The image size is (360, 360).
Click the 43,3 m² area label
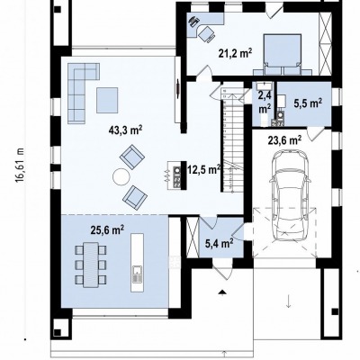click(x=126, y=131)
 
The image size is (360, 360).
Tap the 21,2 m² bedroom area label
click(x=235, y=54)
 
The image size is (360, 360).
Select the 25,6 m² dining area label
click(x=107, y=230)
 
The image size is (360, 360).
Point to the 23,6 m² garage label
click(x=284, y=140)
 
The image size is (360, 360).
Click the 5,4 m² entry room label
click(x=220, y=244)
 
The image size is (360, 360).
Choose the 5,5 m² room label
click(x=308, y=103)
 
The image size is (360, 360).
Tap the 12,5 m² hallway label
click(x=204, y=170)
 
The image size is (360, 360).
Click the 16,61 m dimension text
click(x=20, y=165)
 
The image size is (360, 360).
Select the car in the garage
click(x=289, y=195)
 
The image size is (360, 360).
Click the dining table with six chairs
click(x=91, y=265)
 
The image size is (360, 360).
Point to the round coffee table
click(x=121, y=176)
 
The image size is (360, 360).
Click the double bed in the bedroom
click(x=283, y=54)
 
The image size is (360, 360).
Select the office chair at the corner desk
click(x=207, y=33)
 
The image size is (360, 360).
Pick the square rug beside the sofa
click(x=107, y=100)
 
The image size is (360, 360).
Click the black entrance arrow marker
click(x=222, y=292)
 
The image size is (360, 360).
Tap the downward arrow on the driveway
click(x=289, y=301)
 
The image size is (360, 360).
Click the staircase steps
click(x=232, y=139)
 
